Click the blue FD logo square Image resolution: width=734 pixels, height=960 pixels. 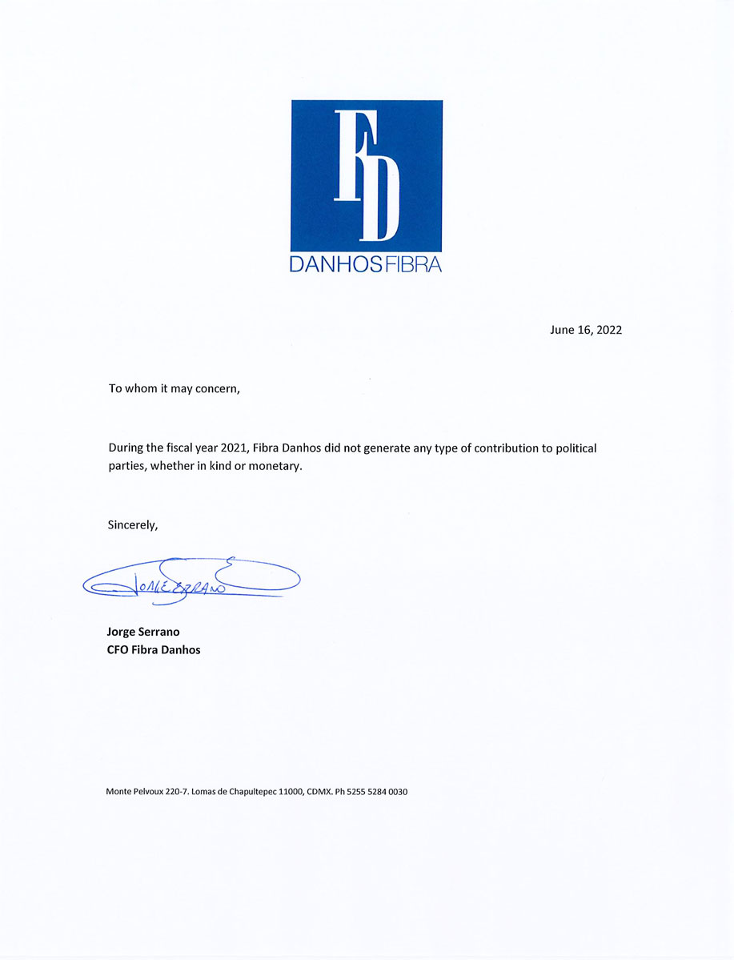tap(367, 175)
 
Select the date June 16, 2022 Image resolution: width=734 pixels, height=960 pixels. tap(586, 330)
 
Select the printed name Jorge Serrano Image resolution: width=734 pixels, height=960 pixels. tap(143, 632)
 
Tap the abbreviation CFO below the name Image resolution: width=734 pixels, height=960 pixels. tap(118, 649)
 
